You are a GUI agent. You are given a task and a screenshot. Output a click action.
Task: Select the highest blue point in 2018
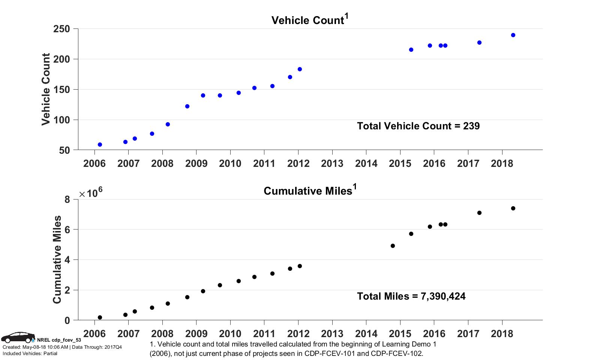513,35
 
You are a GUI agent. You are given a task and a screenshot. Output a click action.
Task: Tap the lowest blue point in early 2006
100,145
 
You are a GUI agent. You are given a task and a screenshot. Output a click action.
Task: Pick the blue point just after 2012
300,69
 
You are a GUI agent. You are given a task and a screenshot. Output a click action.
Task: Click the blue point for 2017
479,43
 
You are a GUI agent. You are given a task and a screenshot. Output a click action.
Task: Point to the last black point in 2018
513,208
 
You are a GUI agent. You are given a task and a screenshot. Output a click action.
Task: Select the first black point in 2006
100,318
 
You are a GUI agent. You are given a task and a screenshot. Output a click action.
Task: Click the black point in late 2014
393,246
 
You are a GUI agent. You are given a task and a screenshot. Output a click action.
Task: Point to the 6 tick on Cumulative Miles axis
67,230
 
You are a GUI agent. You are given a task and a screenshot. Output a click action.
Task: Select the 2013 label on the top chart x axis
332,163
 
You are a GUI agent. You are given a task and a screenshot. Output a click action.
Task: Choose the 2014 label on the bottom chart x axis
366,333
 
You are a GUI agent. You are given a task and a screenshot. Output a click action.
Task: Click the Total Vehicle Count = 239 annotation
418,126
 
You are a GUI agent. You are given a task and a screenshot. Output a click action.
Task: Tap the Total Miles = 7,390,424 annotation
411,297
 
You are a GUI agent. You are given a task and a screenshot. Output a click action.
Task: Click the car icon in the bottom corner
18,337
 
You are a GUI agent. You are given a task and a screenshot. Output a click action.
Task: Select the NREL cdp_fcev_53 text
59,340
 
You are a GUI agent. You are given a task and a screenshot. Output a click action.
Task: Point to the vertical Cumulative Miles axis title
57,259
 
